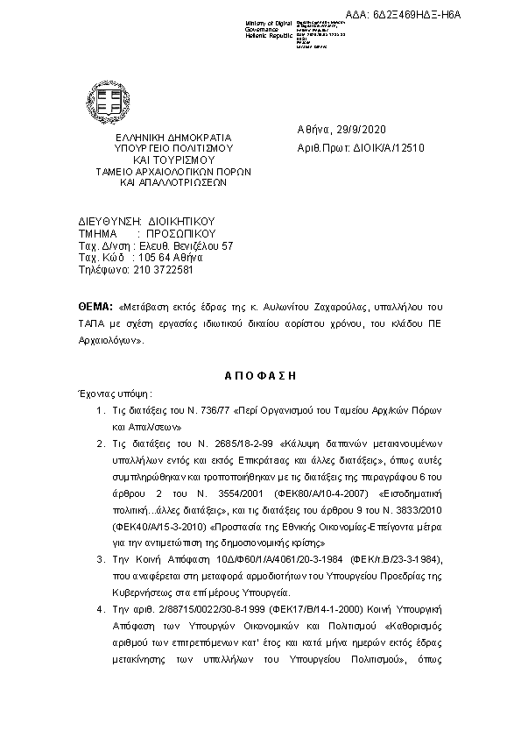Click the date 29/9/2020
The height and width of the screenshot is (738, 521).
pyautogui.click(x=356, y=129)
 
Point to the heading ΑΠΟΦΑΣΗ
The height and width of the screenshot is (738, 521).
pyautogui.click(x=260, y=374)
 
